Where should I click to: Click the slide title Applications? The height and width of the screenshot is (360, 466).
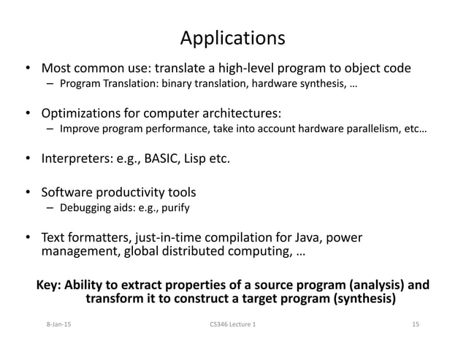[x=232, y=37]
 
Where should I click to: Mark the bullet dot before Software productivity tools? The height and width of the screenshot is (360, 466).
[x=28, y=194]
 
